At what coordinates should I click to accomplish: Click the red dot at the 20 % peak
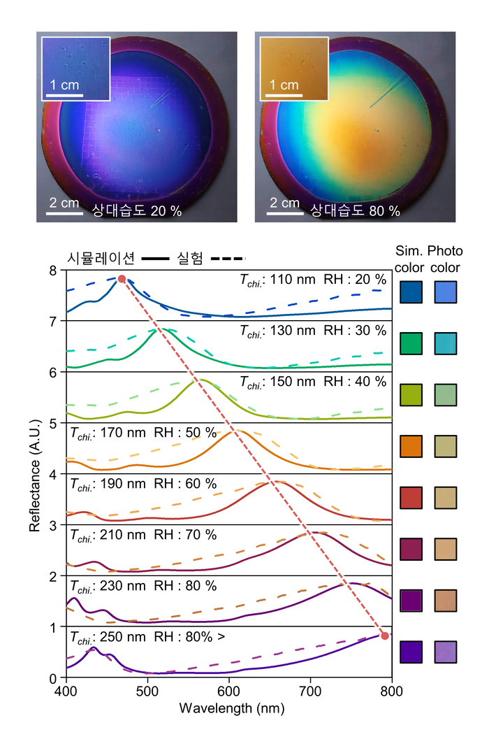pyautogui.click(x=122, y=279)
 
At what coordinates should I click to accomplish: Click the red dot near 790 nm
pyautogui.click(x=384, y=635)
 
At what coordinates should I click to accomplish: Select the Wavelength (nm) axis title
pyautogui.click(x=229, y=708)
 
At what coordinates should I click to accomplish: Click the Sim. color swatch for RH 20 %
pyautogui.click(x=411, y=292)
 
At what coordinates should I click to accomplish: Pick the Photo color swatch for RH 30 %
pyautogui.click(x=445, y=343)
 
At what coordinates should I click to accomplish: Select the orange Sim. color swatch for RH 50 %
pyautogui.click(x=411, y=445)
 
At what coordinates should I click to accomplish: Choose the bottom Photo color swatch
pyautogui.click(x=445, y=652)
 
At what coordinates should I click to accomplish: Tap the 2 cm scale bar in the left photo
pyautogui.click(x=65, y=215)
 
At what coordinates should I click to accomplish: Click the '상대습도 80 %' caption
pyautogui.click(x=356, y=210)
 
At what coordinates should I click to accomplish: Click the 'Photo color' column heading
pyautogui.click(x=445, y=257)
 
